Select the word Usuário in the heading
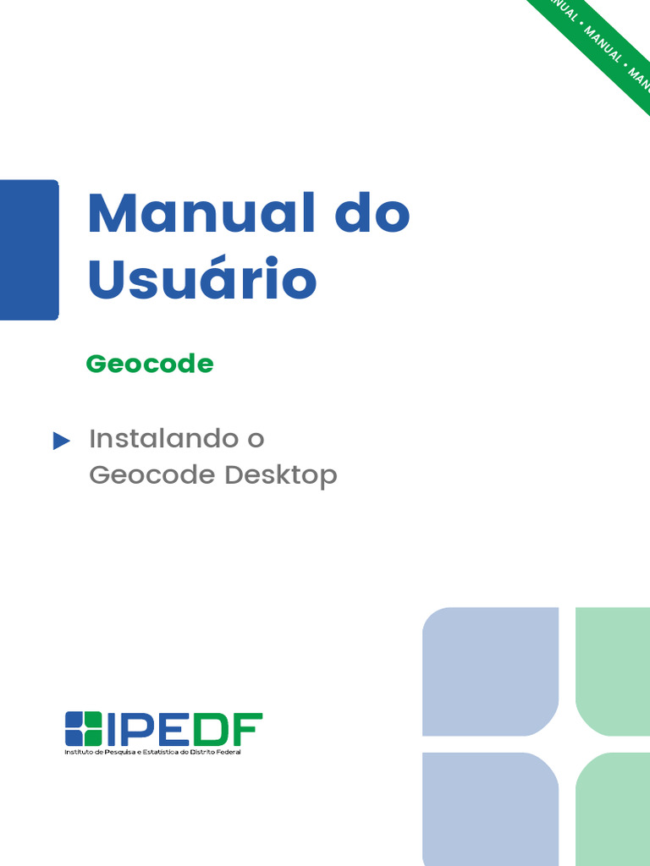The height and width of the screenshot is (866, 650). [x=202, y=280]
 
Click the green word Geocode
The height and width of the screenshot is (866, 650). [x=149, y=364]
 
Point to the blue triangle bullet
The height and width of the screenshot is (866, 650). [x=61, y=441]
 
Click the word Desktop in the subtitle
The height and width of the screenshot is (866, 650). [x=281, y=475]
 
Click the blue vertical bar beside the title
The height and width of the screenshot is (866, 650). [x=29, y=249]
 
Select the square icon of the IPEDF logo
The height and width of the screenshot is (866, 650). [x=84, y=729]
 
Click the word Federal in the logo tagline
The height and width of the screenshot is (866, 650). [x=227, y=752]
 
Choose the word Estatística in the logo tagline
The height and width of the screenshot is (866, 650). [x=160, y=752]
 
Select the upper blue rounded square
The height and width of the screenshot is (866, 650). [x=490, y=671]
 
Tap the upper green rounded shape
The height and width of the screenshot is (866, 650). [x=613, y=660]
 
